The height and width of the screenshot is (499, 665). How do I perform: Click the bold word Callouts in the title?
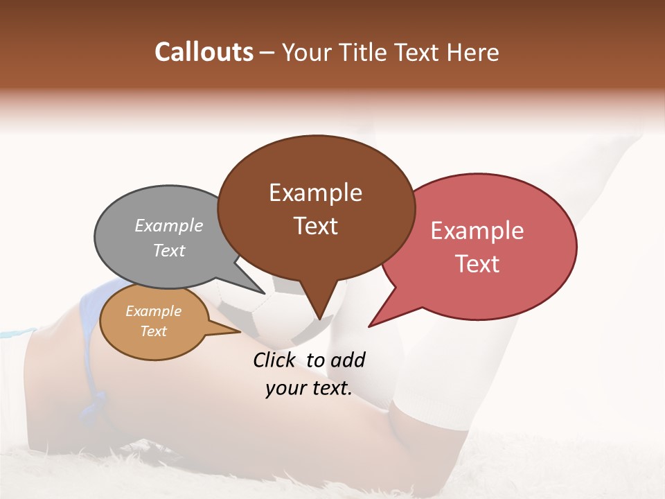[204, 52]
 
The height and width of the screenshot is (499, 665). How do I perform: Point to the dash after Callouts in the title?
[267, 53]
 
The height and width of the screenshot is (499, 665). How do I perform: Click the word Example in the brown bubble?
[315, 193]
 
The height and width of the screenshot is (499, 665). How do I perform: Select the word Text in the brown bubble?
[315, 226]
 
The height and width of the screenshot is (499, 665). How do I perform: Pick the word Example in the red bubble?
[477, 231]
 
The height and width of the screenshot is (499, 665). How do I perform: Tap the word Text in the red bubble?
[477, 264]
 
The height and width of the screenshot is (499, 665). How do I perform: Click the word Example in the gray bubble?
[168, 225]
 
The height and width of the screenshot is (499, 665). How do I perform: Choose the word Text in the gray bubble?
[168, 250]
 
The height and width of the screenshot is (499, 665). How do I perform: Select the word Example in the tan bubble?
[153, 311]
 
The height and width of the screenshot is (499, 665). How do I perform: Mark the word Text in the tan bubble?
[153, 331]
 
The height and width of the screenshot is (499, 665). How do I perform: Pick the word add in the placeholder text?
[347, 360]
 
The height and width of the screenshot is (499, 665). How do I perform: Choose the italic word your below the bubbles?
[286, 389]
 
